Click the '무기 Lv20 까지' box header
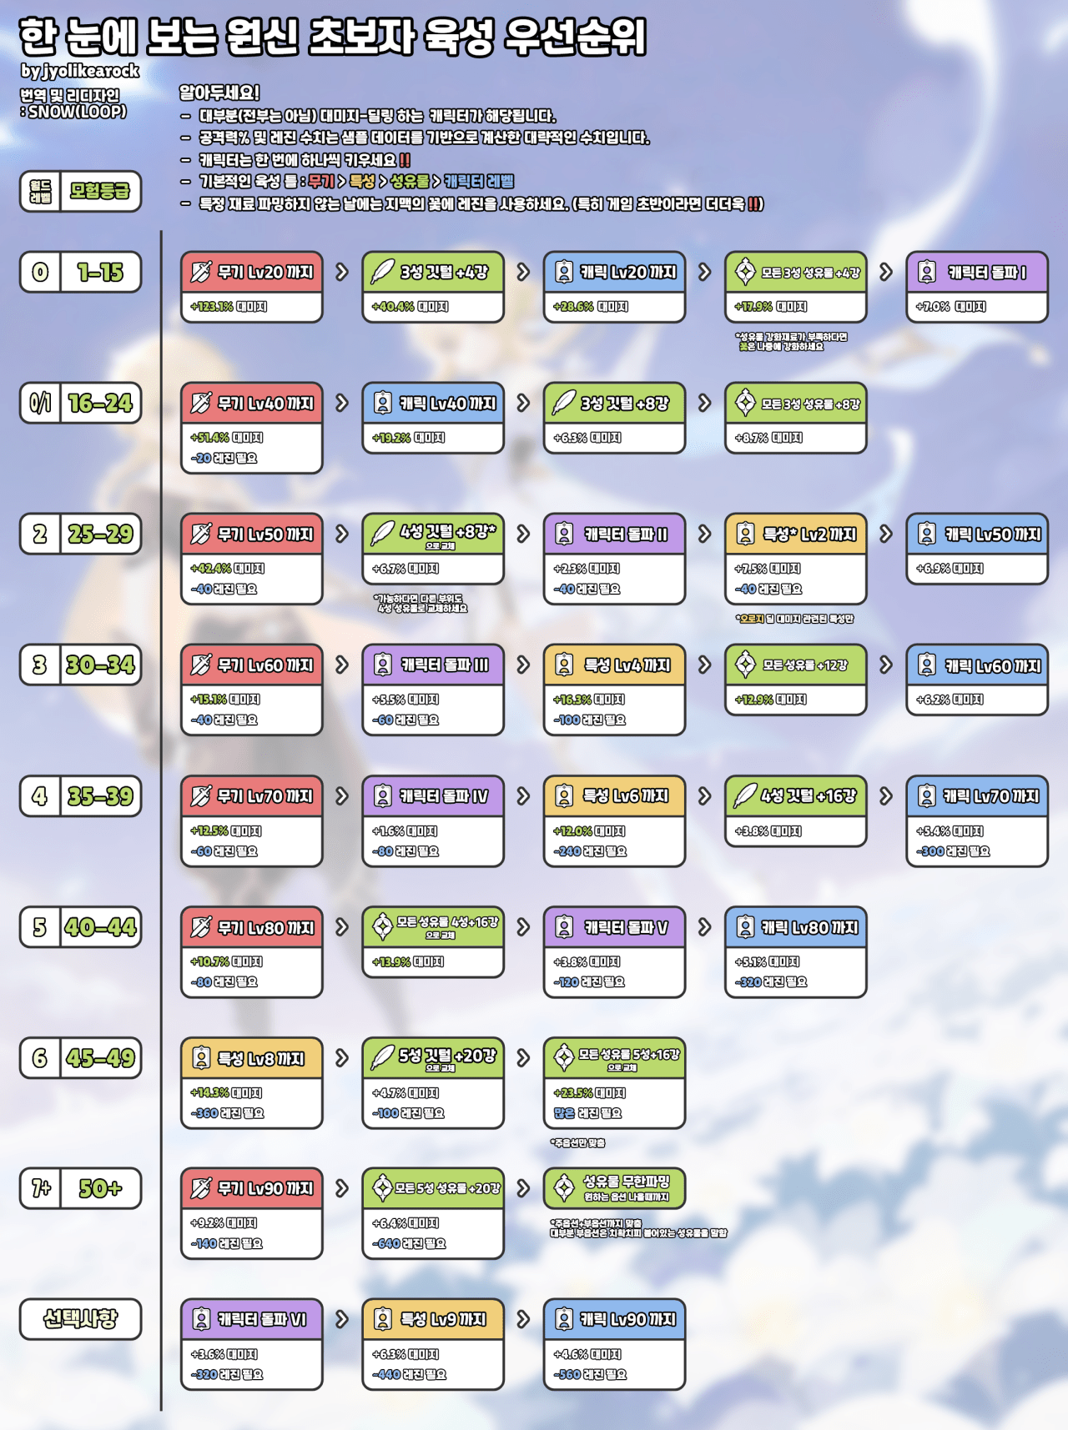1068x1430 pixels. [x=251, y=272]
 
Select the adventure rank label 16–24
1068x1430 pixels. [x=100, y=404]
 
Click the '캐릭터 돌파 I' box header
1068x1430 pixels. [x=976, y=272]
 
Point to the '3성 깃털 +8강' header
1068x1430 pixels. [x=614, y=404]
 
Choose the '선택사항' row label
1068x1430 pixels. [x=80, y=1319]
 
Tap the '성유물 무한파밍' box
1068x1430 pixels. [x=614, y=1188]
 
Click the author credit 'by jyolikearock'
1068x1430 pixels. [x=80, y=71]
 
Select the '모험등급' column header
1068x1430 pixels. [x=100, y=191]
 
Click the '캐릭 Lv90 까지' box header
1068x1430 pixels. [x=614, y=1319]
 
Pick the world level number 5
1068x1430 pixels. [x=40, y=927]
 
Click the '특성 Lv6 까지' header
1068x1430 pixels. [x=614, y=796]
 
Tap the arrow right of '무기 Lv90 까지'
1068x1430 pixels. [x=342, y=1188]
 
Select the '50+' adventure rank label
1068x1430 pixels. [x=100, y=1188]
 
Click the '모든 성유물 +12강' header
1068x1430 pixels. [x=795, y=665]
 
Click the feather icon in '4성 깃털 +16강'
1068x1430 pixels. [x=744, y=796]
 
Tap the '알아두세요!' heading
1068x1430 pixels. [x=219, y=93]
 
